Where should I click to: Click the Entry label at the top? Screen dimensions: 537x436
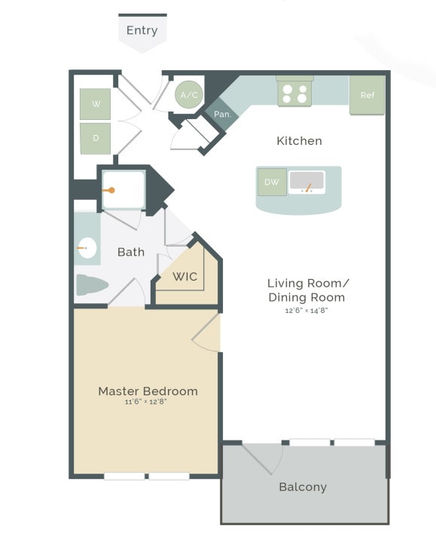coord(142,30)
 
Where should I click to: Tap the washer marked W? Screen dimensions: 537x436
coord(96,104)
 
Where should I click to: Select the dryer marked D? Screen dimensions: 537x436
coord(96,138)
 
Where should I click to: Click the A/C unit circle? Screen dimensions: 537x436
coord(189,95)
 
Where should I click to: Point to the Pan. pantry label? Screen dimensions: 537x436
coord(222,114)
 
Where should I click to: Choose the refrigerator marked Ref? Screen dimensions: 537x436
coord(367,95)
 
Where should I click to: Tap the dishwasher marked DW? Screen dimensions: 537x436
coord(271,182)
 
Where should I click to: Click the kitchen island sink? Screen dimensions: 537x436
coord(306,182)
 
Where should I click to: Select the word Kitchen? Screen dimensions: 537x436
coord(299,141)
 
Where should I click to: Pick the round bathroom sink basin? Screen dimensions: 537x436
coord(87,247)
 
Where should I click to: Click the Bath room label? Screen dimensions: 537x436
coord(131,252)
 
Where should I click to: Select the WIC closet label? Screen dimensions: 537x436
coord(185,277)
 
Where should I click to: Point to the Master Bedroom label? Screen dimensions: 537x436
coord(148,391)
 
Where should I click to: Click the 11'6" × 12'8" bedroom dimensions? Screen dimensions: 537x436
coord(145,403)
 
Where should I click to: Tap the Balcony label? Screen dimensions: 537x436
coord(303,487)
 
